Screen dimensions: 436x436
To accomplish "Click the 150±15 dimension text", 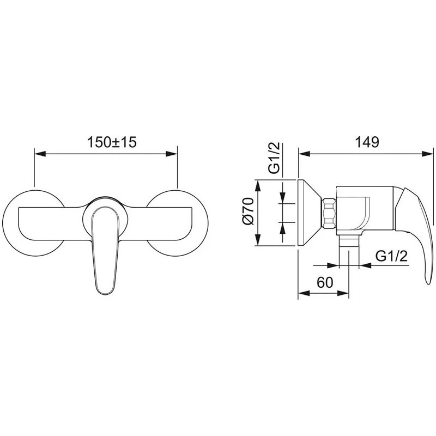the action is [112, 142].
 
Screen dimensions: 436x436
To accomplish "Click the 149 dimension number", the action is [367, 142].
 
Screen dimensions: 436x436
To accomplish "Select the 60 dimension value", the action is [324, 283].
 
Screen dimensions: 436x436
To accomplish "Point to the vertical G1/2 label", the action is [274, 158].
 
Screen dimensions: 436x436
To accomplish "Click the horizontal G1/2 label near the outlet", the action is [391, 256].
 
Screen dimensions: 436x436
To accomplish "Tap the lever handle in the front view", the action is [105, 250].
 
